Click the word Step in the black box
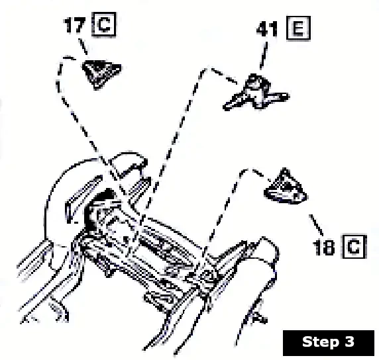point(318,342)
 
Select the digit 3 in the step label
point(349,342)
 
